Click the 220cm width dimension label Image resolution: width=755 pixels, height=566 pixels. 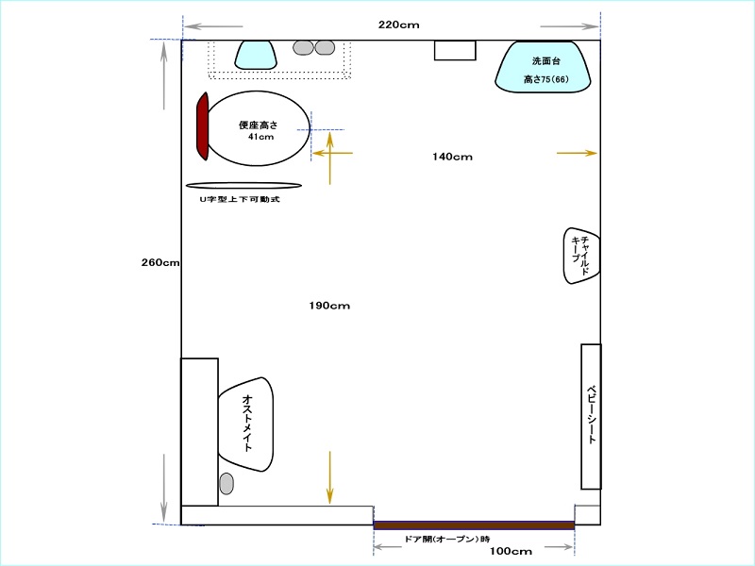[x=398, y=25]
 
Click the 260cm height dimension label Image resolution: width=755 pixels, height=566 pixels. [x=160, y=263]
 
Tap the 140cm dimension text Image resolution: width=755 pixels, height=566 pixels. [x=452, y=157]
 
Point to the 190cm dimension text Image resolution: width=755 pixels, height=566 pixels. [x=329, y=306]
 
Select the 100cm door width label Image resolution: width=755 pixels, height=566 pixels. [x=511, y=551]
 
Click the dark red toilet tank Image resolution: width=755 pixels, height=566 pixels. [x=202, y=126]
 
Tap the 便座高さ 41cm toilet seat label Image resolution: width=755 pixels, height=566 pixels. [x=259, y=130]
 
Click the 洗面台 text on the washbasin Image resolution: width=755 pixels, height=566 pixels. [x=546, y=61]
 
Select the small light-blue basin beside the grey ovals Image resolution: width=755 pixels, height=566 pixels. [x=256, y=55]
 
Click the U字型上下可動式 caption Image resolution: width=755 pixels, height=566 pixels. [x=240, y=199]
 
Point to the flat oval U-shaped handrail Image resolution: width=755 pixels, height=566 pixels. [x=243, y=185]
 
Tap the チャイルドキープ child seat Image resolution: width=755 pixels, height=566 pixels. [x=581, y=256]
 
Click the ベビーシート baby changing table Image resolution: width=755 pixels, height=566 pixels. [x=591, y=417]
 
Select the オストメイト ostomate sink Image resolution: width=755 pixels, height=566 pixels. [x=246, y=424]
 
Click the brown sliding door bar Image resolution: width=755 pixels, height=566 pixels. [x=474, y=525]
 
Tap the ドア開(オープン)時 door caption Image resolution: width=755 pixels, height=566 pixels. [x=446, y=540]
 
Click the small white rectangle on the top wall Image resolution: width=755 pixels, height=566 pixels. [x=455, y=51]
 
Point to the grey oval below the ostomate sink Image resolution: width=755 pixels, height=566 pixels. [x=226, y=484]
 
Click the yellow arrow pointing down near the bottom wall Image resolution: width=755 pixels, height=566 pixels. [x=329, y=477]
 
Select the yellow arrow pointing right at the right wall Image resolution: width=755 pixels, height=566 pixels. [x=577, y=153]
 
